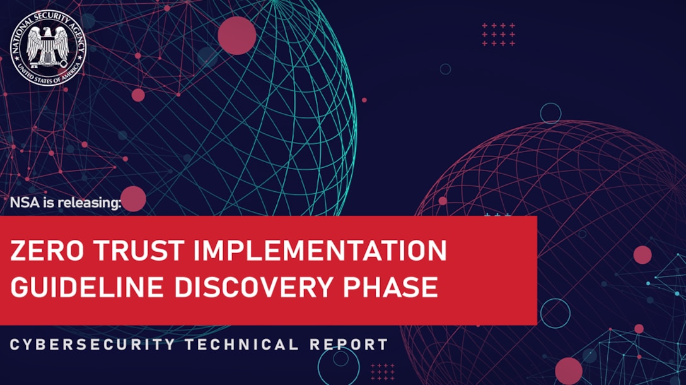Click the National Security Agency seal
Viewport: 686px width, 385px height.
pos(47,47)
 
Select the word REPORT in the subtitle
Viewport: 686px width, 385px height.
pos(349,345)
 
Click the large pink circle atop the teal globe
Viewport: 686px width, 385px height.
pos(236,35)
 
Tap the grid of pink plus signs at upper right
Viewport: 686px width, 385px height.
pos(499,35)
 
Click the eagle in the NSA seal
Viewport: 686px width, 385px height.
pos(47,46)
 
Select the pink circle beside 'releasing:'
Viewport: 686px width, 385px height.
pos(133,199)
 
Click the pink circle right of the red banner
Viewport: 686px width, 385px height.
pos(642,254)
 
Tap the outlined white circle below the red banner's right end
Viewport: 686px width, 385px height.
pos(555,313)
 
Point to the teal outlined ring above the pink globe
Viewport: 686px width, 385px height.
pos(550,113)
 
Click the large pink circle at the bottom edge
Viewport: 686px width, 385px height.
pos(569,370)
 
